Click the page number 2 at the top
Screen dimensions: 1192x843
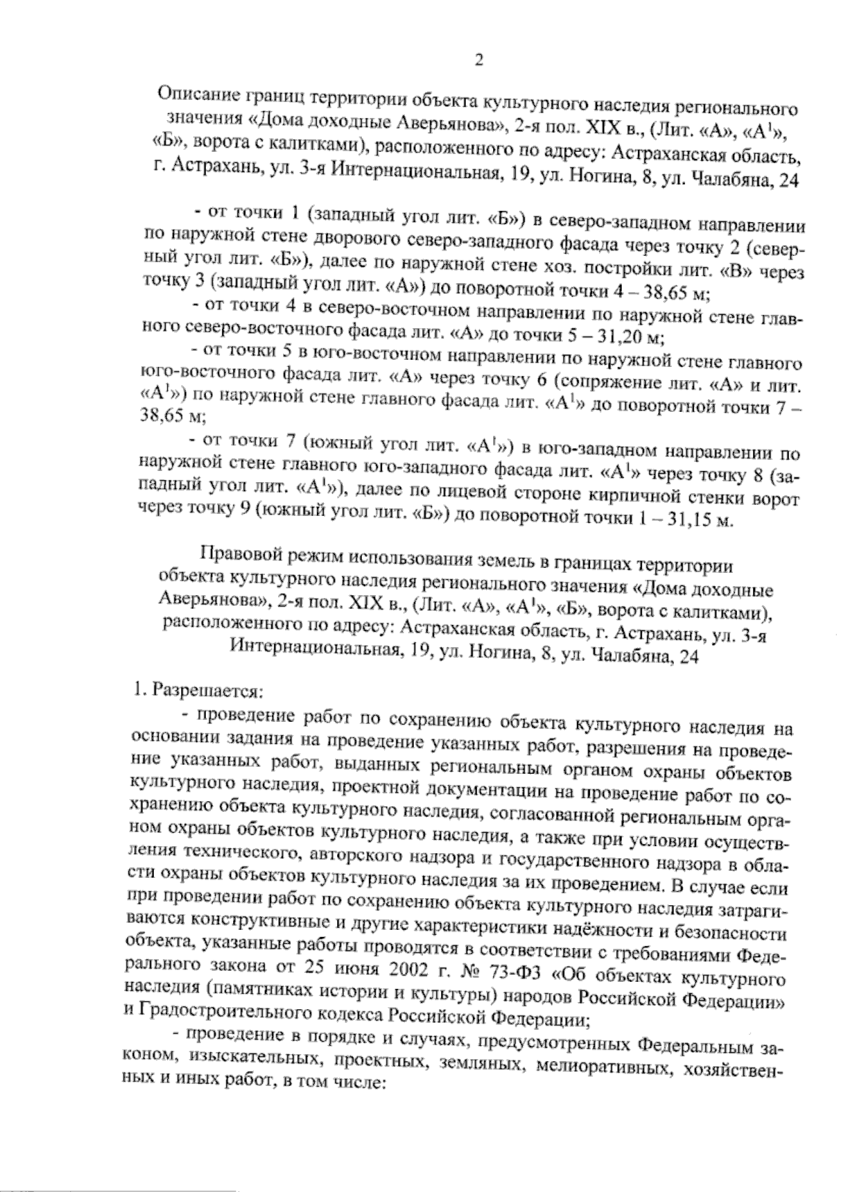coord(479,60)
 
